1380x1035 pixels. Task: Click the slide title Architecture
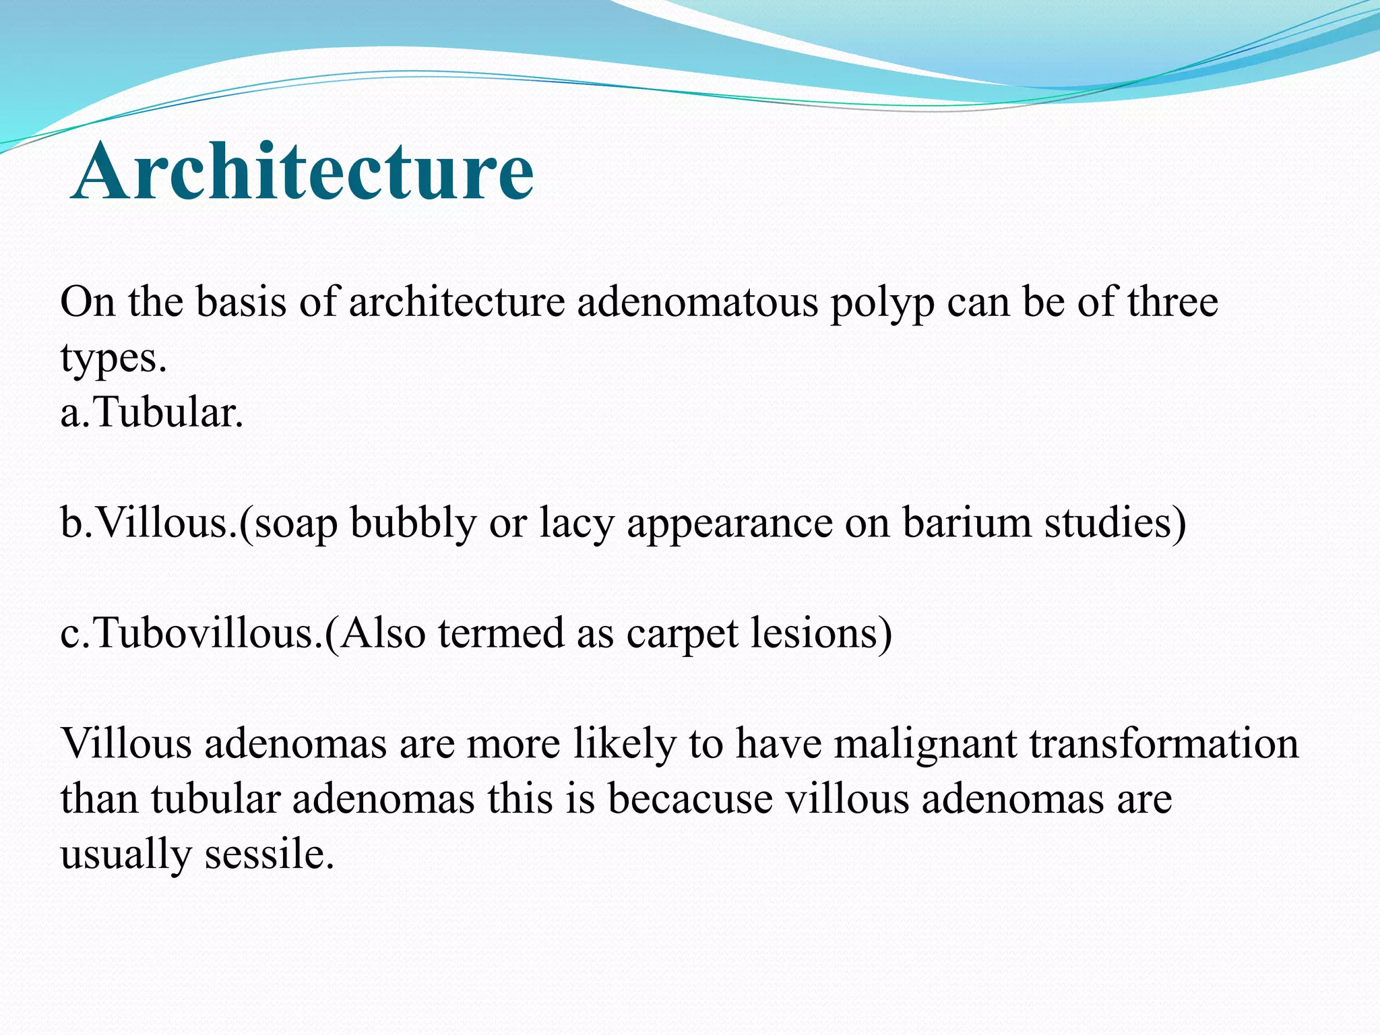coord(303,172)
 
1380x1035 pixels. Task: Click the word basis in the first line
coord(241,302)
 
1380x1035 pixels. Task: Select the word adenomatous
coord(697,302)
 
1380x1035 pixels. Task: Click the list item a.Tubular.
coord(152,412)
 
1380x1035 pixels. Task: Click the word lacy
coord(577,524)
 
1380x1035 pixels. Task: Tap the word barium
coord(967,523)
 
